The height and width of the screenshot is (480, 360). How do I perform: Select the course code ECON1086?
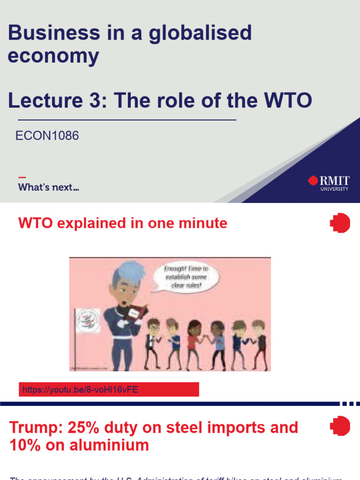[x=47, y=136]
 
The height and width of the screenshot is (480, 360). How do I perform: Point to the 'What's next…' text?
[x=48, y=187]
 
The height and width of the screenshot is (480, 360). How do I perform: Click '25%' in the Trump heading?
[x=89, y=427]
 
